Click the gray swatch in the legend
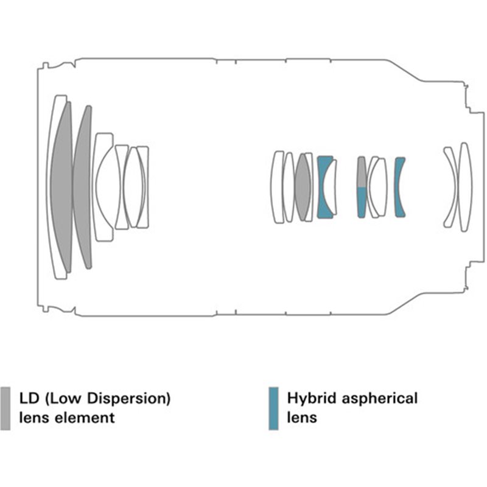tap(6, 408)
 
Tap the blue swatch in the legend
tap(273, 408)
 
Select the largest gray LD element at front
tap(63, 187)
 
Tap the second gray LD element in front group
tap(83, 187)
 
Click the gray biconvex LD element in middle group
tap(303, 187)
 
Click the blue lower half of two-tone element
tap(362, 202)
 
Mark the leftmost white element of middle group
tap(277, 187)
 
